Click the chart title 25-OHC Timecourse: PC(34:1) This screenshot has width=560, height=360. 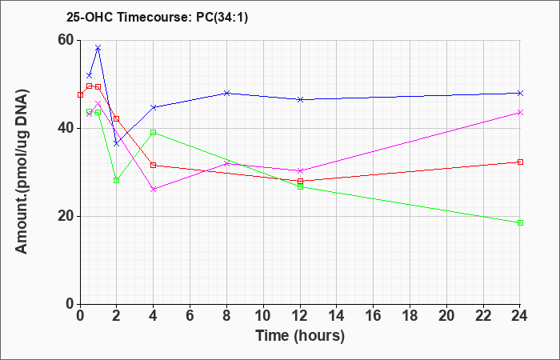coord(157,18)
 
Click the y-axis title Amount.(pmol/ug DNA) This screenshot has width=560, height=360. coord(22,172)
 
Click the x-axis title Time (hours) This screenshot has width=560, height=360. coord(300,336)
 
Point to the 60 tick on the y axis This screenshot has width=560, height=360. coord(65,40)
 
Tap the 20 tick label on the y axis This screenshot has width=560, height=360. coord(65,217)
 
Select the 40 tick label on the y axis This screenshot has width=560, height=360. coord(65,129)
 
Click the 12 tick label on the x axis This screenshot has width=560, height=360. coord(300,316)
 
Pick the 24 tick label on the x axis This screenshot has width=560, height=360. coord(520,316)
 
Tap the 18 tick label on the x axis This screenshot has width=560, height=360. coord(410,316)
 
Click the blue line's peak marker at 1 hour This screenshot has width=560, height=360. coord(98,47)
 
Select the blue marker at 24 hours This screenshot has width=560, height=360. coord(520,94)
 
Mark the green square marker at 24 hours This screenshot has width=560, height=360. coord(520,223)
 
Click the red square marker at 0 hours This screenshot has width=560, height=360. coord(80,95)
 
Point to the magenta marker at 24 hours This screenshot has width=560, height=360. coord(520,113)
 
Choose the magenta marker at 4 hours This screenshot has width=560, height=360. coord(154,190)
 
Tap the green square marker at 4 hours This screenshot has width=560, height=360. coord(154,133)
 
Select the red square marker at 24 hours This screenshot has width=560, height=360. coord(520,162)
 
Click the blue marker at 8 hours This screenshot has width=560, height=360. coord(226,94)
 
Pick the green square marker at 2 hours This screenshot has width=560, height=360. coord(117,180)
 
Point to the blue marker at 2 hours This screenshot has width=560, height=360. coord(117,143)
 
